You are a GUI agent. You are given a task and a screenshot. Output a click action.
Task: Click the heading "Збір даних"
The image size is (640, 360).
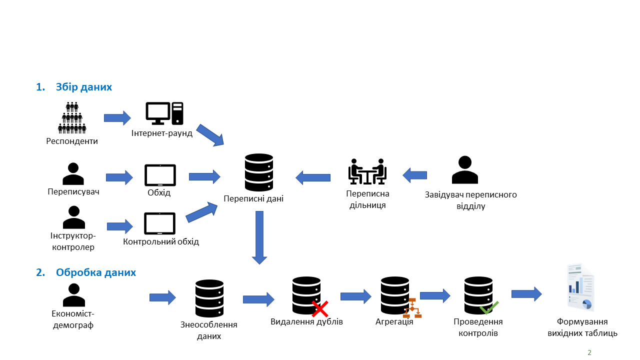tap(83, 87)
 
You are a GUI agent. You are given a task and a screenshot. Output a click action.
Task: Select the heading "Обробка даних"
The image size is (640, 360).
tap(95, 272)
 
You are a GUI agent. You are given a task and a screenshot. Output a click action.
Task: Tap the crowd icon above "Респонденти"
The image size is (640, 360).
tap(72, 117)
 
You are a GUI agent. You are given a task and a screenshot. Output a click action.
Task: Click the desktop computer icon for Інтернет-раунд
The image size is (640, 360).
tap(164, 113)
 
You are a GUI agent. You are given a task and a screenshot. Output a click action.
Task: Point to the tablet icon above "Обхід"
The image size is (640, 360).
tap(160, 175)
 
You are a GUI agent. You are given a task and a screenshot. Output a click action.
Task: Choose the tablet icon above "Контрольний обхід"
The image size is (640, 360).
tap(159, 223)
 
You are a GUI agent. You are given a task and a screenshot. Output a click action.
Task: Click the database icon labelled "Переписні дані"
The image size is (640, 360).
tap(259, 172)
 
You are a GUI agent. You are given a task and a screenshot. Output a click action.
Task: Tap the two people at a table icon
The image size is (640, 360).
tap(367, 171)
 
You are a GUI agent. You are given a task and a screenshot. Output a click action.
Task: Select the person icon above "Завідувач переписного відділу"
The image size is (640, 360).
tap(465, 169)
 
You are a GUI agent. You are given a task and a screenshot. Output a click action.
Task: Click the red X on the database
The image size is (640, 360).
tap(320, 309)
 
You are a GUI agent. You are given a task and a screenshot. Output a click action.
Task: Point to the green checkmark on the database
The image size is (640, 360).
tap(489, 307)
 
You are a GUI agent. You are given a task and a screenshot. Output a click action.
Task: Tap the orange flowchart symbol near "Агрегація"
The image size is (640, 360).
tap(412, 308)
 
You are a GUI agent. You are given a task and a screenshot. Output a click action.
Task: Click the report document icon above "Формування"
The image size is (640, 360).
tap(580, 287)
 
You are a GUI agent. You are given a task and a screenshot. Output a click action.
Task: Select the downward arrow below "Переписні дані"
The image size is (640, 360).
tap(259, 237)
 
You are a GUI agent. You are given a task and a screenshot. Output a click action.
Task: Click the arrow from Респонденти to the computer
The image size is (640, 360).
tap(117, 118)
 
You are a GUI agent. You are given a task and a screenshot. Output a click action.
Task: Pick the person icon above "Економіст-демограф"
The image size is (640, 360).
tap(74, 295)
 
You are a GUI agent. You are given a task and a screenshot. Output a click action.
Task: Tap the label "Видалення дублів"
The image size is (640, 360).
tap(306, 321)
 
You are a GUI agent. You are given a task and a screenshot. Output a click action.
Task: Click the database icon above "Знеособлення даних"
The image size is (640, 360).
tap(209, 298)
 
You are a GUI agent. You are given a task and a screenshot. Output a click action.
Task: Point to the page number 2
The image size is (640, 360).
tap(589, 352)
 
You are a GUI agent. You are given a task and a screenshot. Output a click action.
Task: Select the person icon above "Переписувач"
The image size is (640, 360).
tap(73, 173)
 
